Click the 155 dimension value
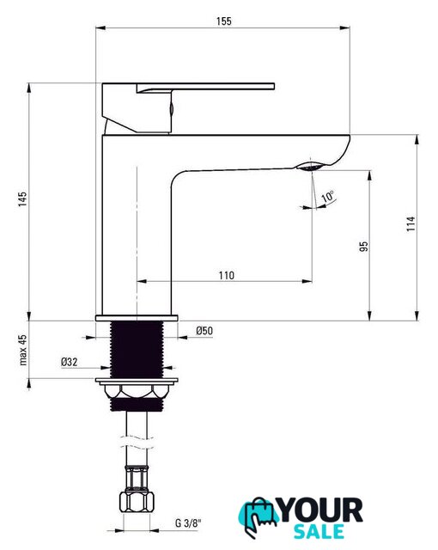tap(223, 21)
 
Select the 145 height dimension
tap(23, 199)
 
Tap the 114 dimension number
tap(411, 223)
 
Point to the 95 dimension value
tap(364, 247)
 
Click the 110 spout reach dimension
tap(227, 275)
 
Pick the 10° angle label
tap(328, 196)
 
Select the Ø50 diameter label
tap(204, 330)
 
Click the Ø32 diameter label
tap(69, 362)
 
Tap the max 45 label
tap(23, 350)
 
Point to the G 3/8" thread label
tap(189, 523)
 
